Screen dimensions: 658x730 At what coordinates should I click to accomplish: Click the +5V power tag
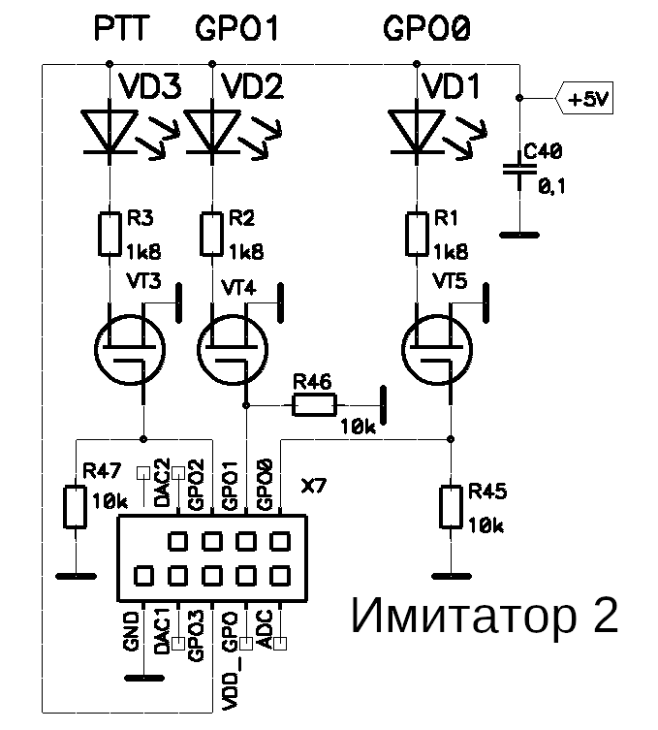point(584,98)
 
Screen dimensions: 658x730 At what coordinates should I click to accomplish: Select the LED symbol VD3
point(110,132)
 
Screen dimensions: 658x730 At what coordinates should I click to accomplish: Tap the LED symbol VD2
point(212,132)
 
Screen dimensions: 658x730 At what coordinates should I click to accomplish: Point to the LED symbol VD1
point(417,132)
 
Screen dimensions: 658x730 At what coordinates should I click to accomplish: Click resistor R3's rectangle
point(110,235)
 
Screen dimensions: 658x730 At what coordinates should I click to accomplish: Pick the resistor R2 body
point(212,235)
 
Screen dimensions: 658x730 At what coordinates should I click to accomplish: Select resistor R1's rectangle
point(417,235)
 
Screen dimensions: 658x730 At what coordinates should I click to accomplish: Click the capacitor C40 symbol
point(519,170)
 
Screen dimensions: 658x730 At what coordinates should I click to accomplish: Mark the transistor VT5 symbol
point(437,350)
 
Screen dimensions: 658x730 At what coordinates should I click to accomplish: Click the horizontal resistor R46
point(314,405)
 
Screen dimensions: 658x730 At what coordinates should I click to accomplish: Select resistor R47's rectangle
point(75,506)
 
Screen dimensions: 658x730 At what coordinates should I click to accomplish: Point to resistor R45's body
point(451,506)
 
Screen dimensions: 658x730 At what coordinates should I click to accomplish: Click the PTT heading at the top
point(121,28)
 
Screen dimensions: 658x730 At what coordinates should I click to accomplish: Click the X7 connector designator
point(314,487)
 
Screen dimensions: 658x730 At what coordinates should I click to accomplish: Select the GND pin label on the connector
point(131,631)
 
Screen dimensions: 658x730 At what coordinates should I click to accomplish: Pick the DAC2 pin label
point(162,483)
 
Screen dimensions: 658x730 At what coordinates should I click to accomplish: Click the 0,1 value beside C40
point(552,187)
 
